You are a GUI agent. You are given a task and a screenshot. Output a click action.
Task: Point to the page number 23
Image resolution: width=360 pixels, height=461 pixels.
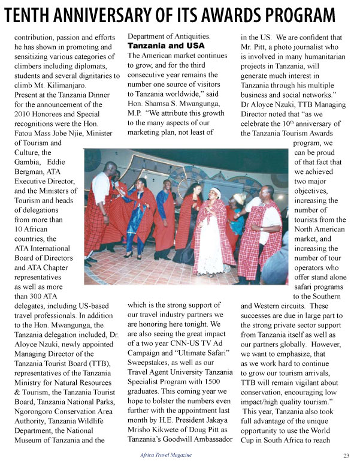coord(346,454)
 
